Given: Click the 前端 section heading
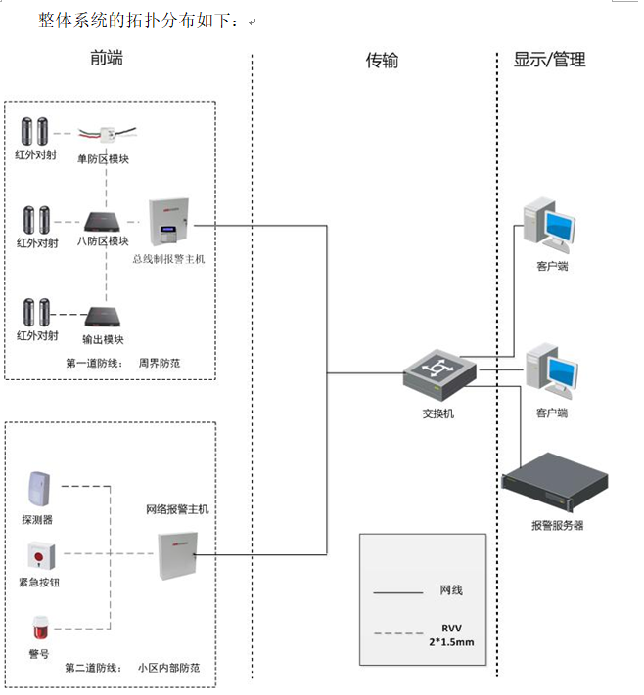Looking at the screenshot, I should click(106, 59).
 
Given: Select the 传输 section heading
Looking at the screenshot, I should click(382, 61).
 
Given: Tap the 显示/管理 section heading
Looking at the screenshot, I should click(549, 60).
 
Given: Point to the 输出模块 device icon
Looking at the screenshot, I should click(103, 316).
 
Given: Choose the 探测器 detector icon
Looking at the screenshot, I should click(37, 491).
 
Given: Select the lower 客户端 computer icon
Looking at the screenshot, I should click(550, 373).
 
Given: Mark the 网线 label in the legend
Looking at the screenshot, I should click(451, 589).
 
